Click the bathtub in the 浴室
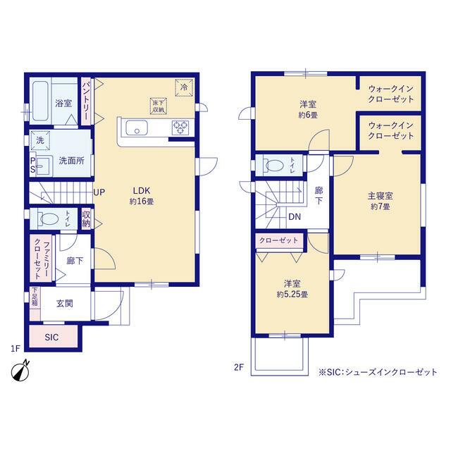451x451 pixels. coord(40,101)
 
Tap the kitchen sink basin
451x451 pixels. coord(137,128)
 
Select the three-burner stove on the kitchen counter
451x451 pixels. coord(180,128)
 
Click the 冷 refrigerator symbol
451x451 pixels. coord(184,87)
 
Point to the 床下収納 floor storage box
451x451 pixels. coord(158,106)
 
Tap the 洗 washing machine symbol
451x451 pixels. coord(40,140)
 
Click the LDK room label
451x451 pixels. coord(141,191)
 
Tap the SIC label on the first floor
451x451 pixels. coord(51,337)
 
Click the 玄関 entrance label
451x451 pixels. coord(64,303)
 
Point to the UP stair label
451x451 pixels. coord(99,192)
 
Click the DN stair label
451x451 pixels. coord(295,216)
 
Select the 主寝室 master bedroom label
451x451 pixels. coord(381,196)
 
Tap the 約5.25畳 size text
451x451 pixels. coord(292,295)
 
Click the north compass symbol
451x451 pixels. coord(20,371)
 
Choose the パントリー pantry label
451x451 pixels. coord(86,101)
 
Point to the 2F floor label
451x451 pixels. coord(239,367)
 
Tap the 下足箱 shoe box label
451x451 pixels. coord(35,297)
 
